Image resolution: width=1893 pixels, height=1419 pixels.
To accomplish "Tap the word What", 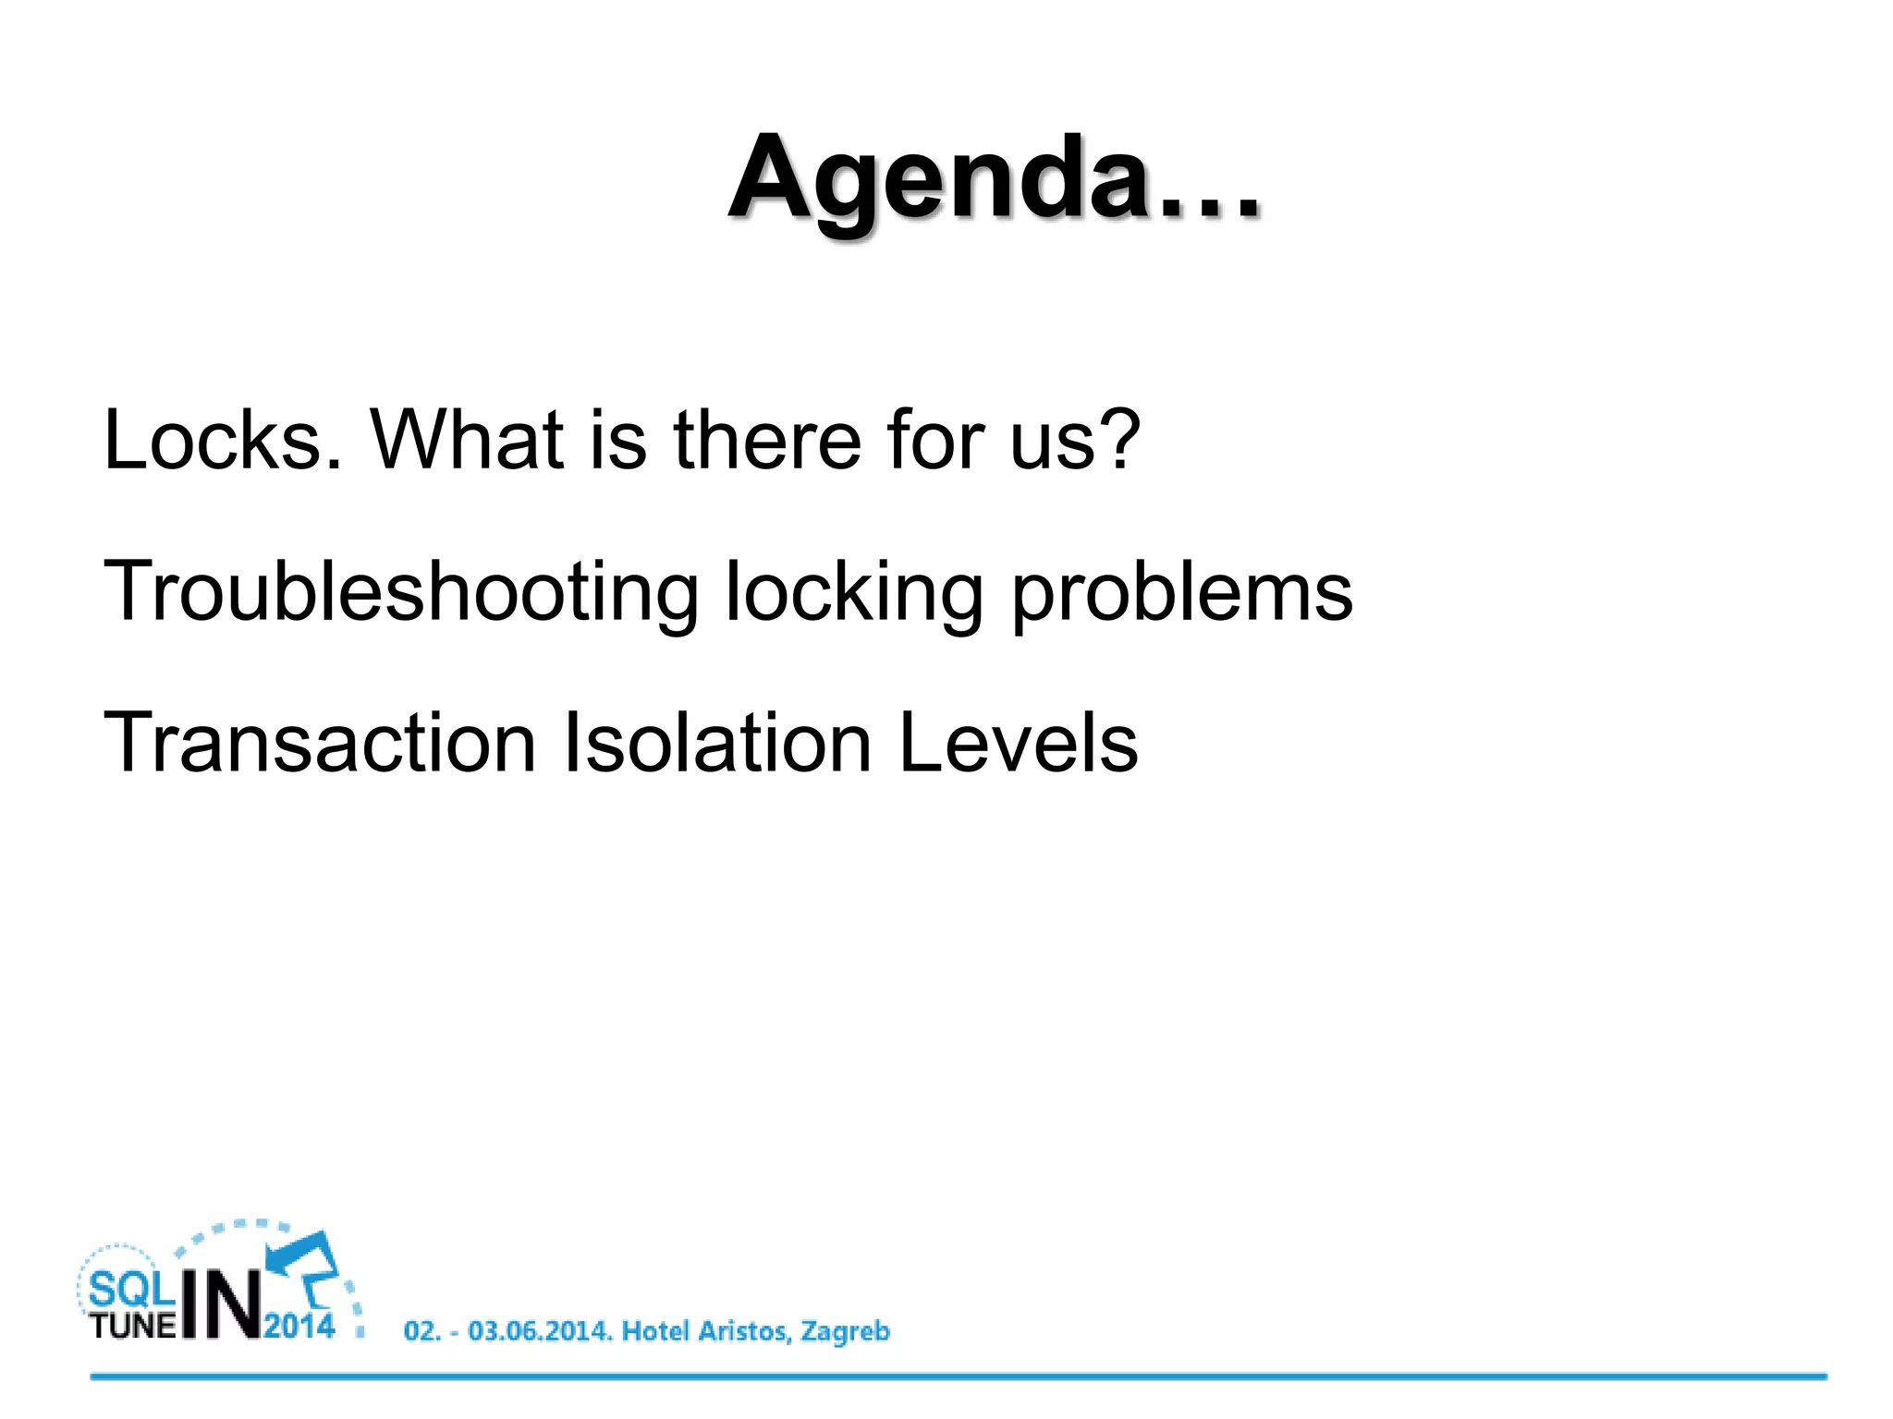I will point(467,440).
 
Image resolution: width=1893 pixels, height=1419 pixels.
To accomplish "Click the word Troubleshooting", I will point(400,593).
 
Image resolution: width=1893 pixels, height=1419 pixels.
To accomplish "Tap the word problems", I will point(1182,593).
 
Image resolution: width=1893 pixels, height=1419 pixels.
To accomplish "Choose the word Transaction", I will point(320,743).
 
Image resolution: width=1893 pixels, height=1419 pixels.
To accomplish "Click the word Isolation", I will point(717,743).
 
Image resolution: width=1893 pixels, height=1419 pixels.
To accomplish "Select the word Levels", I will point(1018,743).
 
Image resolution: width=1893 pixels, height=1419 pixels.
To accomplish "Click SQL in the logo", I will point(131,1289).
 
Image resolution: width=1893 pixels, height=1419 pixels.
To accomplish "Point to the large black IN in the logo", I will point(221,1304).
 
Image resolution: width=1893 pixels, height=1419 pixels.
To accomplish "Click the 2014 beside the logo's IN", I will point(299,1327).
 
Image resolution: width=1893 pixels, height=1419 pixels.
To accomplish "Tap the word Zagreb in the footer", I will point(845,1332).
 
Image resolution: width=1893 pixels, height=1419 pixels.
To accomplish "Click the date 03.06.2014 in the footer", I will point(540,1331).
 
